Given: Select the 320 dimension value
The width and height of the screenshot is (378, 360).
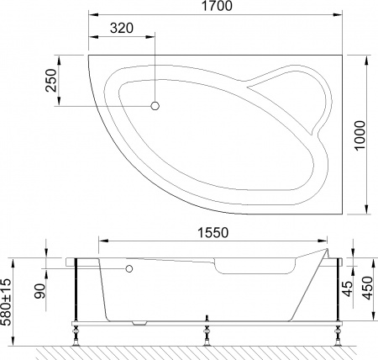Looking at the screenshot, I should click(121, 27).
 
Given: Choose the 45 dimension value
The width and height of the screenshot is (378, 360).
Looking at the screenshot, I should click(347, 290).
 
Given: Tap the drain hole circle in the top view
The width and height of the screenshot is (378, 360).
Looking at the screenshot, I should click(155, 106).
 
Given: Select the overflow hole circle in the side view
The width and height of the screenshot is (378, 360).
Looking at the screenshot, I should click(129, 269).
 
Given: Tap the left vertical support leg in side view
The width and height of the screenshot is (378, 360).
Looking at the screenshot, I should click(77, 290).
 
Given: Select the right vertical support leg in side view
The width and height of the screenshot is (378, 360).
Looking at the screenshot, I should click(338, 290).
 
